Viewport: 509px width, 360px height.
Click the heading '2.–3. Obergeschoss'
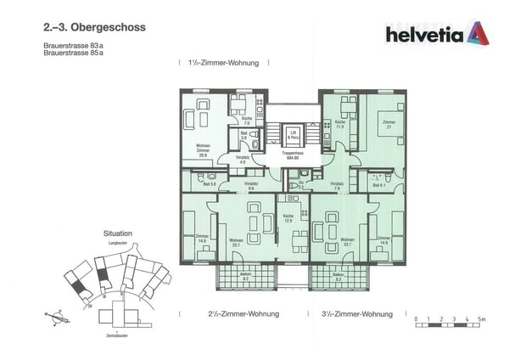pos(93,27)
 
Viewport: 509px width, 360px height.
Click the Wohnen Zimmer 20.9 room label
pos(203,151)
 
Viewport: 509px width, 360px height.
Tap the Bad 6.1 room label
pos(378,184)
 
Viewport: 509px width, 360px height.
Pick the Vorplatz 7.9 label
pos(337,185)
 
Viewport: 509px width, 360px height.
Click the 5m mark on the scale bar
pos(481,319)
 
